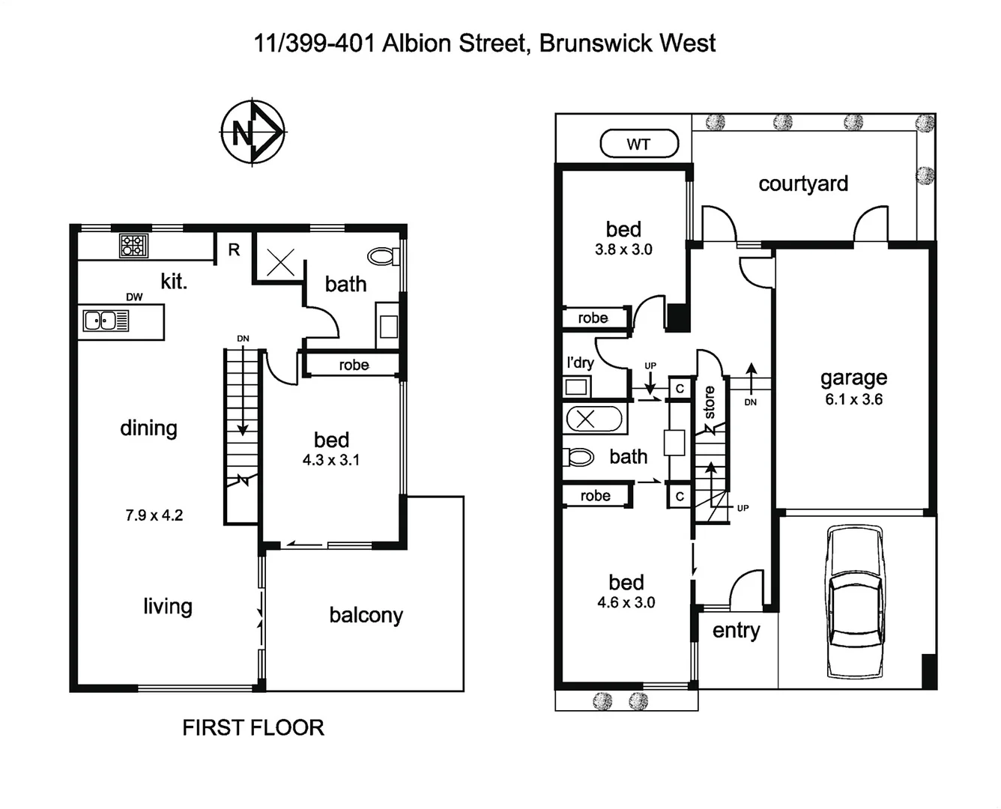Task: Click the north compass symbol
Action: (253, 132)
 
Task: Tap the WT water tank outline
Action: (639, 144)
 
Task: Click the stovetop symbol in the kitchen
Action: (133, 246)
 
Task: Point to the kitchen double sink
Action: (106, 321)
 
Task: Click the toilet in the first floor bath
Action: (387, 256)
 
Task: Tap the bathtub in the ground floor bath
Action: (593, 419)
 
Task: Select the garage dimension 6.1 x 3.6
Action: (853, 399)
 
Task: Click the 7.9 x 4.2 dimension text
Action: (154, 515)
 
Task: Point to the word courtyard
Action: (803, 184)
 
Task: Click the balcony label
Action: (366, 615)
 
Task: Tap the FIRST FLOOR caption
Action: (253, 727)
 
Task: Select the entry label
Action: (736, 631)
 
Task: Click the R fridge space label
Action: (234, 249)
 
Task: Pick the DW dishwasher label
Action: (134, 297)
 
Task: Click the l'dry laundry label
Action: (580, 363)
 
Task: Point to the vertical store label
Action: (709, 402)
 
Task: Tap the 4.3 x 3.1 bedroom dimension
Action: (331, 460)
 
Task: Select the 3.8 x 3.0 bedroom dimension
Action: (623, 249)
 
